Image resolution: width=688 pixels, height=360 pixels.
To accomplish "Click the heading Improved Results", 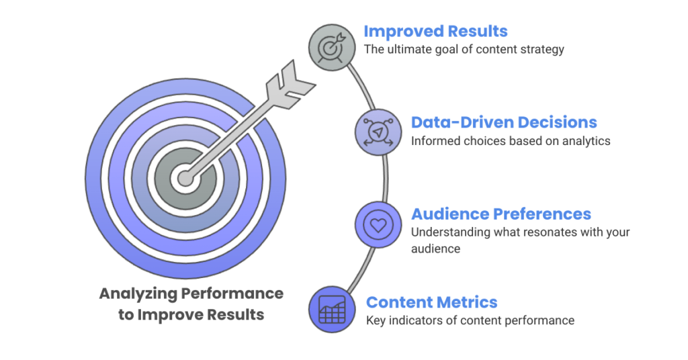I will coord(435,32).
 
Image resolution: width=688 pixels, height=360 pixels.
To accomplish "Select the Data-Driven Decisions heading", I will coord(504,123).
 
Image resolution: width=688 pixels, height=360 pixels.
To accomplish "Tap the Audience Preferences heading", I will coord(501,214).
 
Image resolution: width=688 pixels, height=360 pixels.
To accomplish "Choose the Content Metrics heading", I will coord(431,302).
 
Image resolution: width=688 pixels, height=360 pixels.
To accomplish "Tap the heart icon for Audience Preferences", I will coord(378,224).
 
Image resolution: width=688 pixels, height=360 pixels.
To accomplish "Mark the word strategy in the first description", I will coord(544,50).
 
